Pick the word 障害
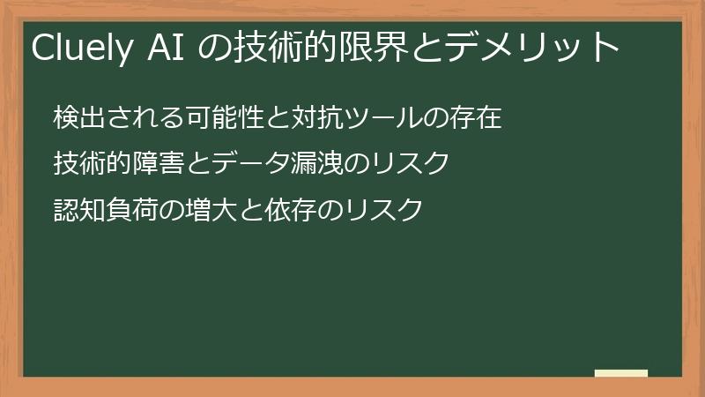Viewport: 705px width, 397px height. pyautogui.click(x=141, y=164)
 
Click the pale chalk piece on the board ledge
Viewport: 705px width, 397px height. pyautogui.click(x=620, y=373)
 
